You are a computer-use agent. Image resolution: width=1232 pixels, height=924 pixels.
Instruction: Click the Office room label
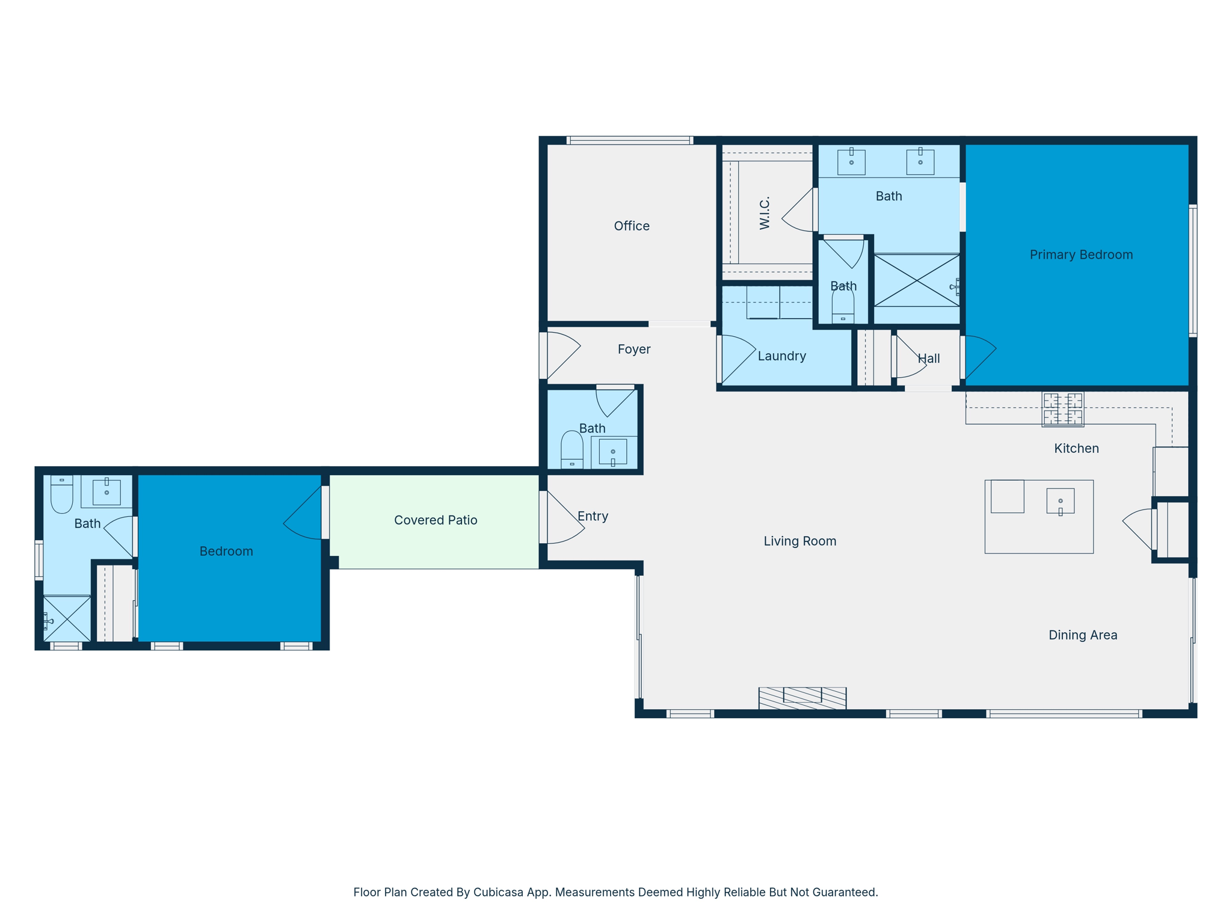point(632,226)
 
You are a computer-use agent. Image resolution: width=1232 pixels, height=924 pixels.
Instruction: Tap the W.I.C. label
point(765,212)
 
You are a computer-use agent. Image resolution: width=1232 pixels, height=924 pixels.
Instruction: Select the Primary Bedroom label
point(1081,254)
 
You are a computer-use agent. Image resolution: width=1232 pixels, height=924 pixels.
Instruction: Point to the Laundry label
point(781,356)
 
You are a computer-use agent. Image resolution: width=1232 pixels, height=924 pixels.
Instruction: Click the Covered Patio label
point(436,520)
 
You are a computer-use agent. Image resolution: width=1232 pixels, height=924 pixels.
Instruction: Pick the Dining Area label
point(1083,635)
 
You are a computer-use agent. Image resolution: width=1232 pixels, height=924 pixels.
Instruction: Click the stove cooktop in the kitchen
point(1062,410)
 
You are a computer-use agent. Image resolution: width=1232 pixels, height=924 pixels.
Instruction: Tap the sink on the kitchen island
point(1060,501)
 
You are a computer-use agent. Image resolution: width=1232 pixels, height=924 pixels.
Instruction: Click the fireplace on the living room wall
point(802,698)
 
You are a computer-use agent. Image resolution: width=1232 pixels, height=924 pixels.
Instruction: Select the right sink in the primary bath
point(920,162)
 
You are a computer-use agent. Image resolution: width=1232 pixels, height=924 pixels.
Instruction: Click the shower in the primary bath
point(916,281)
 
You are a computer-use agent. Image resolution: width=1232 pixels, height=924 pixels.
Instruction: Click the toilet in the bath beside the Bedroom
point(62,494)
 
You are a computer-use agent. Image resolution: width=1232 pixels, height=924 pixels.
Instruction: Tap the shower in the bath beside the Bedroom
point(67,618)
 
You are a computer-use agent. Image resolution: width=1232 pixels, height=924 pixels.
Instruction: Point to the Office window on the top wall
point(629,141)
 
